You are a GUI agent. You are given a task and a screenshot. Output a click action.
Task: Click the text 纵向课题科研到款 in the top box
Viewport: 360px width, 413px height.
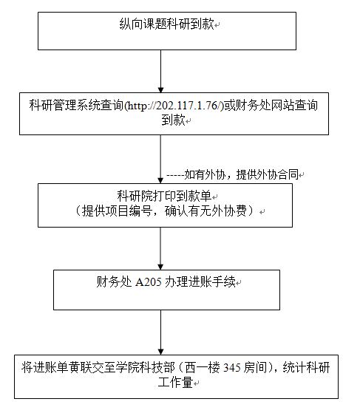click(166, 24)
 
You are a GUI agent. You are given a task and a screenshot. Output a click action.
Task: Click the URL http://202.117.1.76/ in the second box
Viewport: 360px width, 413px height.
click(174, 106)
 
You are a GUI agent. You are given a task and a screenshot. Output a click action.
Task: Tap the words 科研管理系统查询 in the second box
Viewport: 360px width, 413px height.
click(76, 106)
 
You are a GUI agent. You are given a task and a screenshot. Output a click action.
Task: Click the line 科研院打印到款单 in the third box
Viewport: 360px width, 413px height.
click(164, 196)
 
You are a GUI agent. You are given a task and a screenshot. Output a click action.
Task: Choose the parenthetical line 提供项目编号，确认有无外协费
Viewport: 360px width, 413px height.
click(165, 211)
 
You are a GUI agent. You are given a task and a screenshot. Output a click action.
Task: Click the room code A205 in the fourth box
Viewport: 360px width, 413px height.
click(149, 282)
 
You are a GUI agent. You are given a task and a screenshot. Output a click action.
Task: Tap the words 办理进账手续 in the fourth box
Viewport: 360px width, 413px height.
click(200, 282)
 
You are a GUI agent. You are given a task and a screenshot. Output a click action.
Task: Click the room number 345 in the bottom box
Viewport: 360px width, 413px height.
click(232, 368)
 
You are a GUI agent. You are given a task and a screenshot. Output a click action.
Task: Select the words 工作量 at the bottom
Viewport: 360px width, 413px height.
click(175, 382)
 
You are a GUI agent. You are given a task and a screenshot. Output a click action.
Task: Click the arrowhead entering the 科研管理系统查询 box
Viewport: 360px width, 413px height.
click(160, 90)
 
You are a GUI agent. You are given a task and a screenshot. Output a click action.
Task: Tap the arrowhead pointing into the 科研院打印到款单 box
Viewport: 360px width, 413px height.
click(160, 181)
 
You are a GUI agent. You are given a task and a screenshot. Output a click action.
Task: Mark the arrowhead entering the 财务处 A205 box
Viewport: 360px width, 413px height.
click(160, 267)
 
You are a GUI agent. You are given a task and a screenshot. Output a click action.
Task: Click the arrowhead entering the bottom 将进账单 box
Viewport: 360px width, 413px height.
click(160, 352)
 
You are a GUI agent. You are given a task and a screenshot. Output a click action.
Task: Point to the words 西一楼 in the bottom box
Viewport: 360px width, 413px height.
click(203, 367)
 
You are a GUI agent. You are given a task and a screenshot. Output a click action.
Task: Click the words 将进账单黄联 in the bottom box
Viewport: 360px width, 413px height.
click(57, 367)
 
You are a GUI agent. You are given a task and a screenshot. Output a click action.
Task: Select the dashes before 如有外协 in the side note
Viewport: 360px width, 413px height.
click(175, 175)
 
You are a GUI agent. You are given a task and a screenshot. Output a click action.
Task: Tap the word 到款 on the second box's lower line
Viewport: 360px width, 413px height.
click(173, 120)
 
